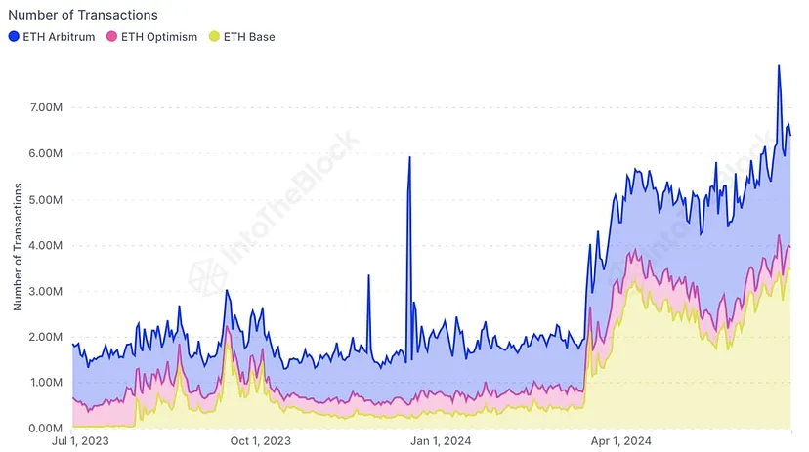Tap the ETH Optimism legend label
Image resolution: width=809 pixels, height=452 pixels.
point(158,37)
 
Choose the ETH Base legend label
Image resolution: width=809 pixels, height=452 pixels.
point(248,37)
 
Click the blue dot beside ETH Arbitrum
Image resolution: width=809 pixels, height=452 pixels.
point(14,37)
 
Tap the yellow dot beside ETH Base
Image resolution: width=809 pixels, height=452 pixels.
point(214,37)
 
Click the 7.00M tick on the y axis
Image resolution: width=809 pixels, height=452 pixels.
point(44,107)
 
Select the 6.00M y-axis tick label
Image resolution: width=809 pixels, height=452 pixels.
point(44,153)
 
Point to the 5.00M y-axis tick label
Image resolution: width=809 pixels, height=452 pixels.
point(44,199)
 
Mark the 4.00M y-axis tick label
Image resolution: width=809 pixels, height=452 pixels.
point(44,245)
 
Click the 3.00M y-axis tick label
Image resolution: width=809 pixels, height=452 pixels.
point(44,291)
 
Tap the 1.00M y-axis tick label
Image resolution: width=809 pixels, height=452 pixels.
point(44,382)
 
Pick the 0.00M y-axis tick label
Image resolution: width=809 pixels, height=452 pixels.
point(44,428)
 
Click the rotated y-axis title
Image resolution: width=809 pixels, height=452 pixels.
point(17,252)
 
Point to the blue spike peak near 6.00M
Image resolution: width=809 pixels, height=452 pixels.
point(409,157)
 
